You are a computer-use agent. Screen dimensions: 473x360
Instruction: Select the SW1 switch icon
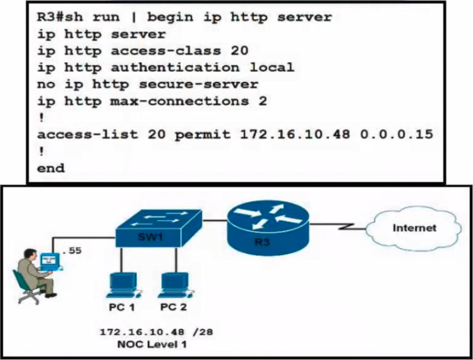coord(159,228)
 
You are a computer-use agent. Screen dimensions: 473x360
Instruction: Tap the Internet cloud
coord(414,229)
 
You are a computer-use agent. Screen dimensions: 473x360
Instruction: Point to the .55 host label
coord(72,250)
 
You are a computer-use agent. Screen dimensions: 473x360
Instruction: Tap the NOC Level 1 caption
coord(152,344)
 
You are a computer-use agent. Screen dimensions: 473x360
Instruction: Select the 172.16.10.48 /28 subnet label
coord(156,332)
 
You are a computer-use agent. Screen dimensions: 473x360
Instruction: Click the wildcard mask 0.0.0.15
coord(397,134)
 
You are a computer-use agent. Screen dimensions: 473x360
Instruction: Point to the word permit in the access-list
coord(202,135)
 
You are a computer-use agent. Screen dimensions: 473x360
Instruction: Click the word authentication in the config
coord(175,67)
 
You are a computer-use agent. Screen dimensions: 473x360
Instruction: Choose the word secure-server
coord(199,84)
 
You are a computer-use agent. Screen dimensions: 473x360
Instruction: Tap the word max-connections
coord(179,101)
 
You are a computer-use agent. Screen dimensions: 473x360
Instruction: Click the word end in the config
coord(50,168)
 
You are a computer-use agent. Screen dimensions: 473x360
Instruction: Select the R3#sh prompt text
coord(60,17)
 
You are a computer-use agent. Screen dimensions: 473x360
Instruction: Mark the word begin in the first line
coord(170,18)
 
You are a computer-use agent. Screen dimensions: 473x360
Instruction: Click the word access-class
coord(166,50)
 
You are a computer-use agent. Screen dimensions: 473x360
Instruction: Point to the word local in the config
coord(272,67)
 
